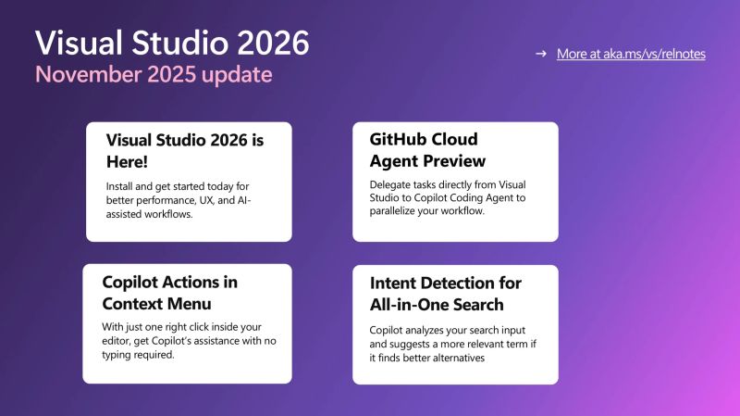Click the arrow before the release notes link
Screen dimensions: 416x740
541,54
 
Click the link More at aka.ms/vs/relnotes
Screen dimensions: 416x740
631,54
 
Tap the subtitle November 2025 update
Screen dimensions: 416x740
154,73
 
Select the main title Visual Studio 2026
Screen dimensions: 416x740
172,42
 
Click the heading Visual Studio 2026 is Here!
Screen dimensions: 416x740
185,150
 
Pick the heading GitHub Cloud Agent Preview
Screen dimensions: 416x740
424,150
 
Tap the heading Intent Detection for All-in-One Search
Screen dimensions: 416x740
445,293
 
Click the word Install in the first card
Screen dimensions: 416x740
122,186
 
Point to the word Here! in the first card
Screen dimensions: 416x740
127,161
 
